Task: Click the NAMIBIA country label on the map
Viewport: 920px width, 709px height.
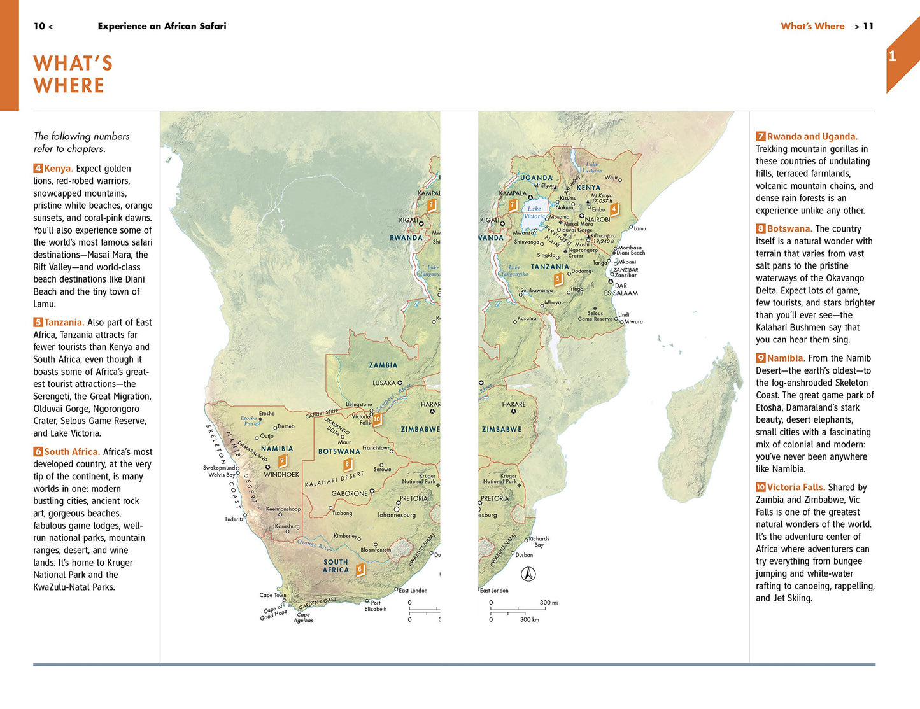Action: coord(277,449)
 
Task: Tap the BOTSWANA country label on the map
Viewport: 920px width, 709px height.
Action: coord(339,451)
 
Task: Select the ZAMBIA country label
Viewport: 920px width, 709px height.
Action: coord(383,365)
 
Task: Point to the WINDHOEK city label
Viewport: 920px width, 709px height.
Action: coord(281,475)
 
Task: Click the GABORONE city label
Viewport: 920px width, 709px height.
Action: coord(350,493)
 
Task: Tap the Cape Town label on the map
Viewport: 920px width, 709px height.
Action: coord(272,596)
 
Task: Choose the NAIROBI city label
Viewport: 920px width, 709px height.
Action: coord(597,220)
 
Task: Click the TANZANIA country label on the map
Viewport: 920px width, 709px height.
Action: coord(549,267)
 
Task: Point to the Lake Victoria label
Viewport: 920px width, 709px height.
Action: coord(534,213)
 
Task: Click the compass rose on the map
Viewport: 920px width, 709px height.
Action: coord(528,574)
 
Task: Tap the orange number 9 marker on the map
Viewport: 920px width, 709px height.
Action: coord(283,460)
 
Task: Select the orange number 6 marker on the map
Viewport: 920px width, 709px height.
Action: coord(360,569)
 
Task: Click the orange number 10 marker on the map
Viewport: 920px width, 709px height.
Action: coord(377,419)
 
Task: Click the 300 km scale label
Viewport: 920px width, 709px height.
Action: coord(529,619)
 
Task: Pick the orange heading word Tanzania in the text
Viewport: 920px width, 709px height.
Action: coord(64,323)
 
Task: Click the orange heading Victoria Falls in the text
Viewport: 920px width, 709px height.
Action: coord(796,488)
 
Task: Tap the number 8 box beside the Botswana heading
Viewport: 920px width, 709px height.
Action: coord(760,228)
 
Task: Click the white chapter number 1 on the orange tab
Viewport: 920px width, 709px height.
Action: coord(892,57)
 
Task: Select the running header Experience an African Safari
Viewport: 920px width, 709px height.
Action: coord(162,26)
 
